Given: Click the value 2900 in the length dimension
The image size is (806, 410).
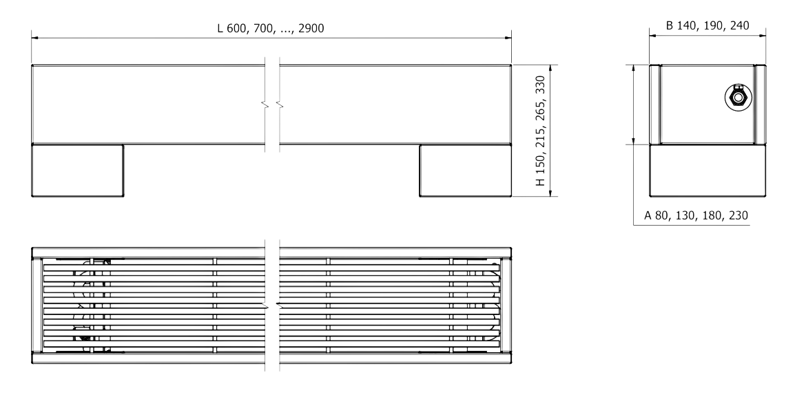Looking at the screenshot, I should (311, 28).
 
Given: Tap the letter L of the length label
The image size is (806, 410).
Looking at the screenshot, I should (220, 28).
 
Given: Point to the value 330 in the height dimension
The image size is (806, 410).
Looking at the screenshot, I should (541, 86).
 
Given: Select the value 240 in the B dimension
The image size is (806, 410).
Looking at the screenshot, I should (738, 25).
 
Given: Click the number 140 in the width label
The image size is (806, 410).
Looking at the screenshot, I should (688, 25).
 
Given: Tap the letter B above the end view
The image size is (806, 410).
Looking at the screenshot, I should (669, 25).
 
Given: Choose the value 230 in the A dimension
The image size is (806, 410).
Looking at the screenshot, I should (738, 216).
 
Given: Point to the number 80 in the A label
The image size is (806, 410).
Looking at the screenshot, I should (662, 216).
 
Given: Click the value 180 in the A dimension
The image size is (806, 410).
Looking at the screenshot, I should (712, 216).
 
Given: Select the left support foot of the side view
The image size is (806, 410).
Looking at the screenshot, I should (78, 171).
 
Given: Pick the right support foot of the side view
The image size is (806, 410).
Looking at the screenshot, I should (465, 171).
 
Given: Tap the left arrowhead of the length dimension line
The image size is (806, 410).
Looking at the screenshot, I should (35, 38).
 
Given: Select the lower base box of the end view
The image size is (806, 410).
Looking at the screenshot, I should (707, 171).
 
